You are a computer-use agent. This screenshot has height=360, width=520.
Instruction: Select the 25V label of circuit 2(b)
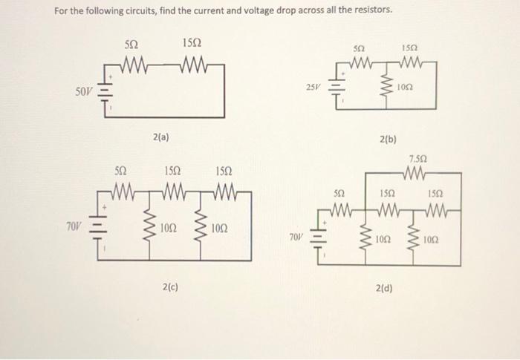pos(313,88)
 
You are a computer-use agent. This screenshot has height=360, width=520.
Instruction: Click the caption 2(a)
pos(160,137)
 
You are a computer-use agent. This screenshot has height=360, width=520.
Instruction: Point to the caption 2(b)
pos(388,139)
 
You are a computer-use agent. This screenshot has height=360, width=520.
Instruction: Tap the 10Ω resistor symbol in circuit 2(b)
pos(386,85)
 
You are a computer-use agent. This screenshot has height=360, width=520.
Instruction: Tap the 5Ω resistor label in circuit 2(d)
pos(339,192)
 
